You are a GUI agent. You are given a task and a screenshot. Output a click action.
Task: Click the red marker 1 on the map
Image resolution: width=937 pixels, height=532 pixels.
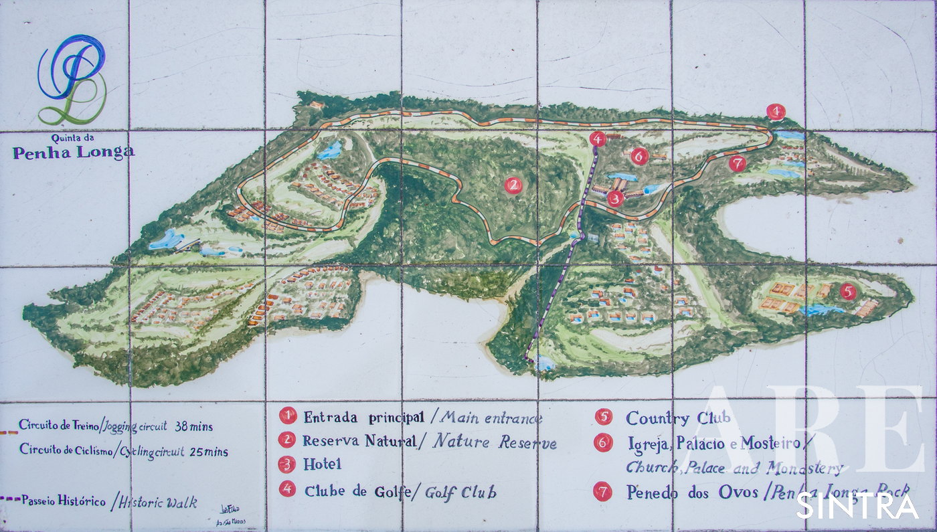point(775,112)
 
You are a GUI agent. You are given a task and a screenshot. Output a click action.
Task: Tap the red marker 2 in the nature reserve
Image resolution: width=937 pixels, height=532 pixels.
point(513,185)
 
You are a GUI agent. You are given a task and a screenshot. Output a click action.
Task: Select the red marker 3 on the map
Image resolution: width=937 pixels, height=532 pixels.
point(616,198)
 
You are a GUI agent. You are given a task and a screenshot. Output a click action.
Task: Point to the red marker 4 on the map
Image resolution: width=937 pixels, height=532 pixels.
point(598,139)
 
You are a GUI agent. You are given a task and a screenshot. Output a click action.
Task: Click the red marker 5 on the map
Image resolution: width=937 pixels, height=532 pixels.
point(848,291)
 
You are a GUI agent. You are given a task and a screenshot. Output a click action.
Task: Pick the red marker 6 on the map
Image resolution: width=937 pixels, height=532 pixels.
point(640,156)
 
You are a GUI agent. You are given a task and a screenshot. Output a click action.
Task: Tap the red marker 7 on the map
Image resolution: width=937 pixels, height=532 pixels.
point(738,163)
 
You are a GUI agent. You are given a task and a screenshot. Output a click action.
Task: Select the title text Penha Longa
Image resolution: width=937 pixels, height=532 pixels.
point(74,153)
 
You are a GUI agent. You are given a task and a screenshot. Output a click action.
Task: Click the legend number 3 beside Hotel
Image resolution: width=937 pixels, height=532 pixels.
point(288,464)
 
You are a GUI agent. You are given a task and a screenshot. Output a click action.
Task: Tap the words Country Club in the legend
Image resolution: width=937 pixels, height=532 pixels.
point(677,418)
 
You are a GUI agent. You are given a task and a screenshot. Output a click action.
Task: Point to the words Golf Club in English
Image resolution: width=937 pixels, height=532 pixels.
point(461,493)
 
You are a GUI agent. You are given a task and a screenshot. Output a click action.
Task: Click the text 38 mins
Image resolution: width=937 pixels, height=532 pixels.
point(200,425)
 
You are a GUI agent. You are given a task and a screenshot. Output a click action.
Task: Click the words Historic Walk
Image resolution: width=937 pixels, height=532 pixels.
point(157,501)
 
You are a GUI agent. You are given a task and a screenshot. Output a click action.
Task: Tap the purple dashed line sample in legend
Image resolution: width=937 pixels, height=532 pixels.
point(10,499)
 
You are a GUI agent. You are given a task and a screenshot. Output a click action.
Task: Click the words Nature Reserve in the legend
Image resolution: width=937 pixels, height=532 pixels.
point(495,442)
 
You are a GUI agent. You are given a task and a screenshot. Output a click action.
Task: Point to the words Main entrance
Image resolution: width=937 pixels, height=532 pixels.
point(490,418)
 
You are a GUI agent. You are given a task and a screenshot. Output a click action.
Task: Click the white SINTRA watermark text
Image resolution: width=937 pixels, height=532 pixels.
point(857,506)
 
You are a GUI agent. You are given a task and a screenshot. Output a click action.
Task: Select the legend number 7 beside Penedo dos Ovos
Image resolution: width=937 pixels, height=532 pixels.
point(603,493)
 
